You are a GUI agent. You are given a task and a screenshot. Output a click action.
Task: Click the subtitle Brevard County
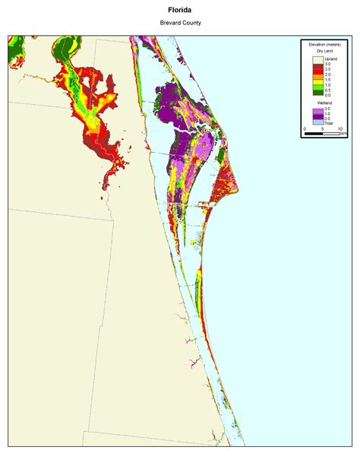click(x=180, y=23)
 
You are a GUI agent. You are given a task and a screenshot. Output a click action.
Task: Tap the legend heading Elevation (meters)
click(x=325, y=45)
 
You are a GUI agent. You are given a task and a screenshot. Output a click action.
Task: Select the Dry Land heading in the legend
click(x=325, y=51)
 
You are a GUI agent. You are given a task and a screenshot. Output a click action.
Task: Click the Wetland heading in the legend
click(x=325, y=103)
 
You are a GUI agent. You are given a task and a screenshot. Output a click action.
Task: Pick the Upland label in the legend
click(x=331, y=59)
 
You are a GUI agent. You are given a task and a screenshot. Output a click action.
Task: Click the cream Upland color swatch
click(x=318, y=59)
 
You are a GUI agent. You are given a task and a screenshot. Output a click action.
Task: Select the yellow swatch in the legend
click(x=318, y=82)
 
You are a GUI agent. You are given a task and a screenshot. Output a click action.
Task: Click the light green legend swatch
click(x=318, y=87)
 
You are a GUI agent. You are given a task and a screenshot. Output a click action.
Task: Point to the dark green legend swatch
click(x=318, y=93)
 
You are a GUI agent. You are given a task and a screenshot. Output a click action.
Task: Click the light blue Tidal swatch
click(x=318, y=122)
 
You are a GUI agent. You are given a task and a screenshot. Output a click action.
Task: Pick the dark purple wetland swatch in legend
click(x=318, y=117)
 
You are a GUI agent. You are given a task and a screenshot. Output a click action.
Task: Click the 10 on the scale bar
click(x=340, y=128)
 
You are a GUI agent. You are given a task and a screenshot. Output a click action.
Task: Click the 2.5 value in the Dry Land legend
click(x=328, y=70)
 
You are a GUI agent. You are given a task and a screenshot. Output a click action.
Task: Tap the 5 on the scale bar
click(x=323, y=128)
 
